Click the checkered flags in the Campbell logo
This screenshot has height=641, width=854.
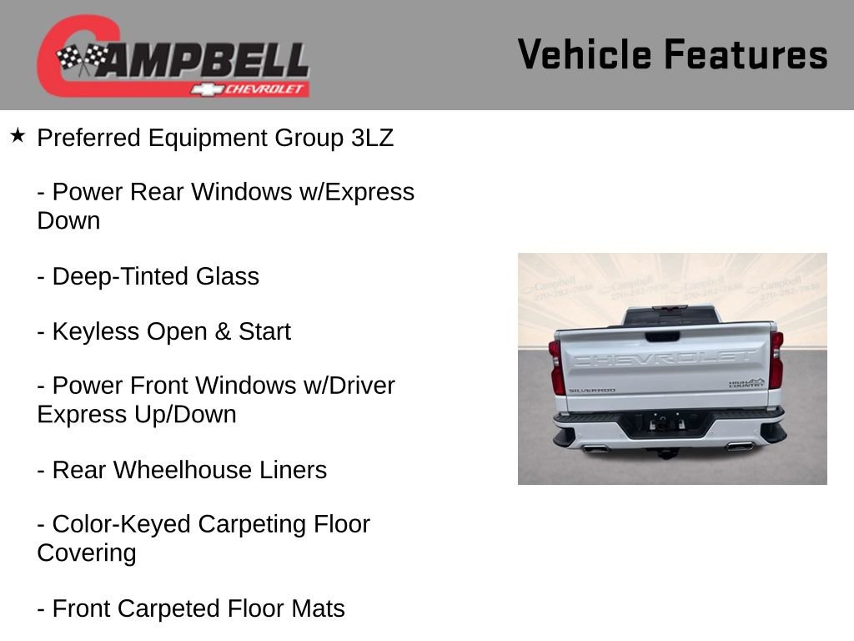83,59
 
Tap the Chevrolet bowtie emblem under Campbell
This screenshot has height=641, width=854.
203,88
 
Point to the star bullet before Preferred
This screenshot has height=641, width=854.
18,135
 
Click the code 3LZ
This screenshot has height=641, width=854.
372,138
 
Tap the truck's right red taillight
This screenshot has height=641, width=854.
776,360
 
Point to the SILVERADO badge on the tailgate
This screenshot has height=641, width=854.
591,390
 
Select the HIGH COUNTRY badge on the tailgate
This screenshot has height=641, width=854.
746,383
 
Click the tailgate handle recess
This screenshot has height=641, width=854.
662,336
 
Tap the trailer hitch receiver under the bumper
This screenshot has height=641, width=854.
666,451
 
